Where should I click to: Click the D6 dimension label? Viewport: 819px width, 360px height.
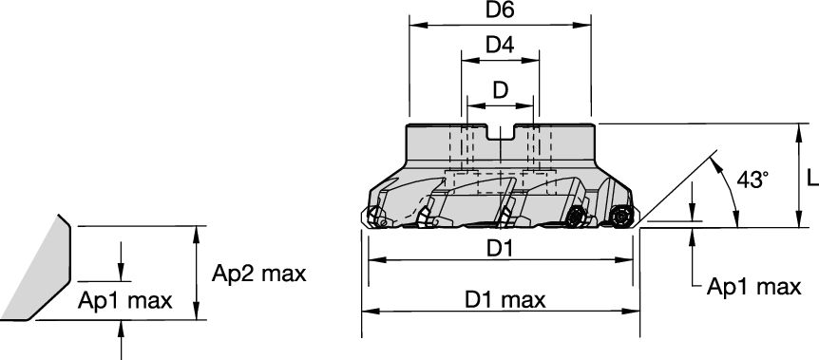click(x=500, y=10)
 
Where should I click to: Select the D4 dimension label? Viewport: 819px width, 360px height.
click(x=500, y=45)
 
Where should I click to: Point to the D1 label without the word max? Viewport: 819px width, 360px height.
click(x=500, y=248)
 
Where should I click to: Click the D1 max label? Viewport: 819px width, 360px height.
click(x=505, y=299)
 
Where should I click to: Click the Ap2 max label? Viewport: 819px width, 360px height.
click(x=258, y=274)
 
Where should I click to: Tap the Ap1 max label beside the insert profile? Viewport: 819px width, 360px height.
click(x=124, y=301)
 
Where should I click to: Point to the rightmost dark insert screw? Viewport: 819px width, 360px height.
click(x=622, y=216)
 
